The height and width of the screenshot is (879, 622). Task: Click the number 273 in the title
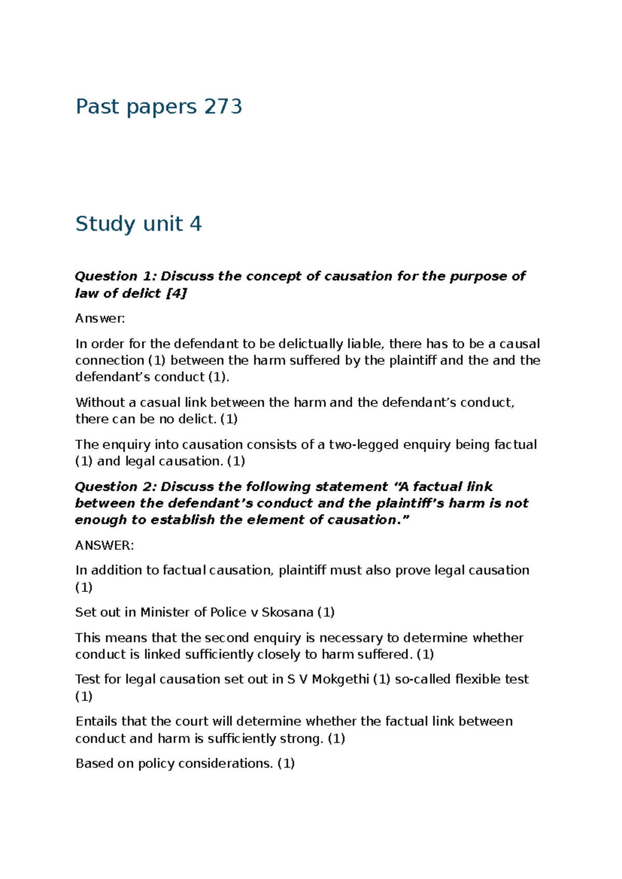(223, 107)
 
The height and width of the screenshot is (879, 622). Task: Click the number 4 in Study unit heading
(195, 224)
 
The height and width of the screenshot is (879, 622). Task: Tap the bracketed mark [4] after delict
(176, 293)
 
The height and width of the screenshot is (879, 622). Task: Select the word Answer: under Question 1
(100, 318)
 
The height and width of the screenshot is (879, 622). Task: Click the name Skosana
(287, 612)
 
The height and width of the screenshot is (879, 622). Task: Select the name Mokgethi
(341, 679)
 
